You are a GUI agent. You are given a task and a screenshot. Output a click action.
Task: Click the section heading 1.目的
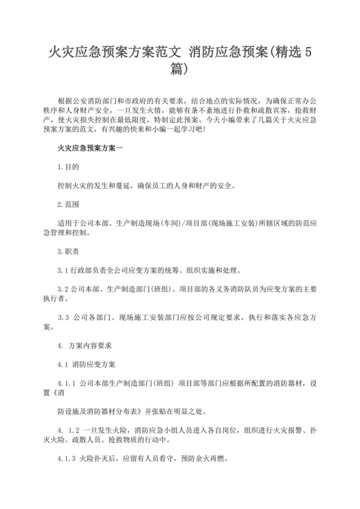point(68,166)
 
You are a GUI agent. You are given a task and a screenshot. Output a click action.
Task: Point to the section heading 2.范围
point(68,204)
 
